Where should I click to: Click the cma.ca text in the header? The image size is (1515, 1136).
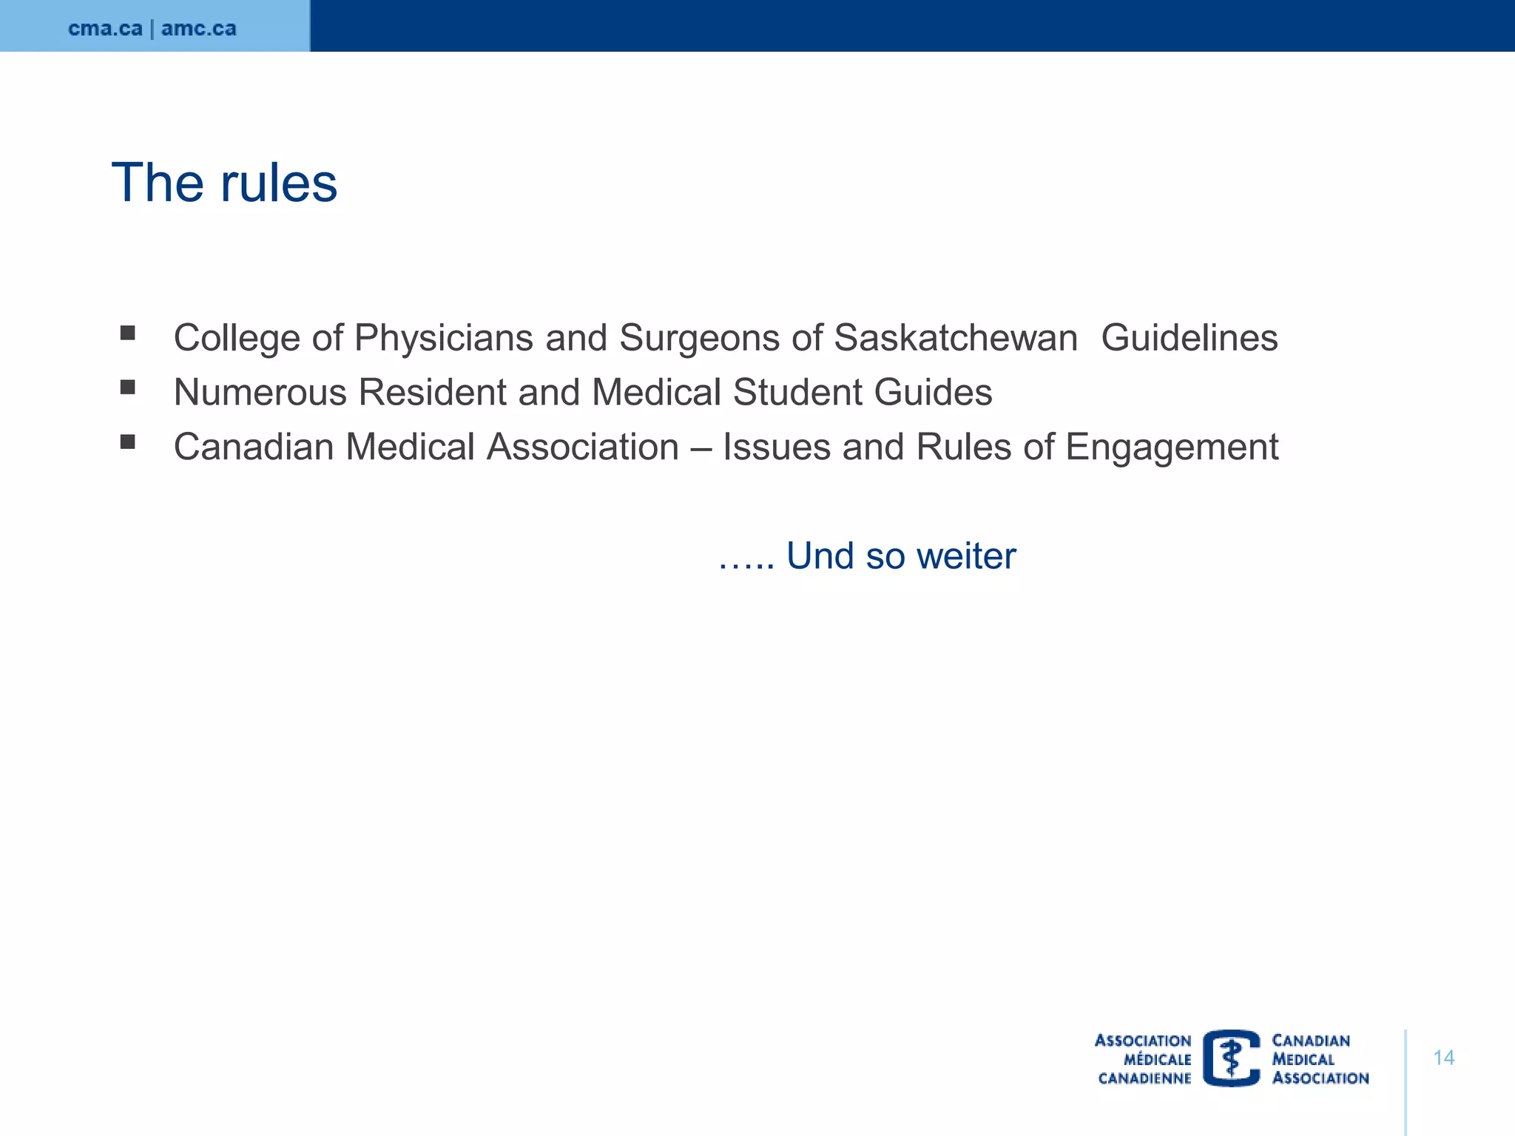[x=105, y=28]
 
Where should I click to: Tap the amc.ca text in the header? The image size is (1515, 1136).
[x=199, y=28]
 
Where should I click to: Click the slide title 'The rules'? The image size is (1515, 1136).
[x=224, y=183]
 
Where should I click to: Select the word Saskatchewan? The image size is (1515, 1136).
[x=955, y=338]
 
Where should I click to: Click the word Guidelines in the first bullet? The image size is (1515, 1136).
[x=1189, y=338]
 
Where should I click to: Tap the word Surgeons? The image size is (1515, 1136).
[x=699, y=338]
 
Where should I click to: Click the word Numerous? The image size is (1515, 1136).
[x=260, y=392]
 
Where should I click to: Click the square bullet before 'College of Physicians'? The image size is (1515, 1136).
[x=128, y=333]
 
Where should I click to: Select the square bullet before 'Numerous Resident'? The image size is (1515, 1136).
[x=128, y=387]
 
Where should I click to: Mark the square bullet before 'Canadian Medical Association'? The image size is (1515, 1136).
[x=128, y=442]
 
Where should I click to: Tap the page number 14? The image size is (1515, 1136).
[x=1443, y=1058]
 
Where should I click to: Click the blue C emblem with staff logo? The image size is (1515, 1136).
[x=1231, y=1058]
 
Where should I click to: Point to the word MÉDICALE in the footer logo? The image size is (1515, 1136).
[x=1157, y=1059]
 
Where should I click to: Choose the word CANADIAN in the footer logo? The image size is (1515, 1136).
[x=1310, y=1041]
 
